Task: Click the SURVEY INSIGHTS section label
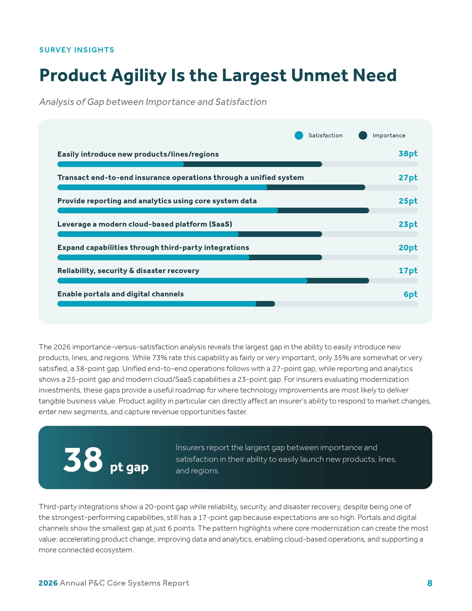point(77,50)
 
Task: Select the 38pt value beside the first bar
point(408,154)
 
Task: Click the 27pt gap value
point(408,177)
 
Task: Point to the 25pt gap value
point(408,201)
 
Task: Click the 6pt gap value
point(411,294)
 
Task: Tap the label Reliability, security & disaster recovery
point(128,271)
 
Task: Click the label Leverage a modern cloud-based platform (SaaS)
point(145,224)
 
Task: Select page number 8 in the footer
point(430,583)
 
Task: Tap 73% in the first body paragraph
point(159,358)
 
